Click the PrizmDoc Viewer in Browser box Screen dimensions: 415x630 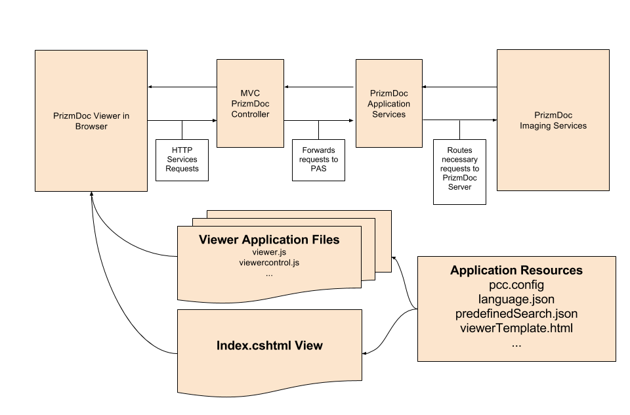(91, 121)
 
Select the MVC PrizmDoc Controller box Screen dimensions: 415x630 (250, 104)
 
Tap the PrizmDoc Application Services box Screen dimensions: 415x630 (388, 104)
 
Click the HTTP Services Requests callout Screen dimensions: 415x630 (182, 160)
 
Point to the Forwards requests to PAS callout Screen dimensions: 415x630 (318, 160)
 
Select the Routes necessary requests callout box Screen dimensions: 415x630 (459, 171)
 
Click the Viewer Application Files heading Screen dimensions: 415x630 (269, 240)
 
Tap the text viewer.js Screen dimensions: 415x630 (269, 252)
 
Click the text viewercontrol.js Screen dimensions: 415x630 (269, 263)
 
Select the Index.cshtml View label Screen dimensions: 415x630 (269, 345)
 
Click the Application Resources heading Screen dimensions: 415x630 (516, 271)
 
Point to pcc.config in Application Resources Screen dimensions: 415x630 (516, 285)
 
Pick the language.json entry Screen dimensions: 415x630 (516, 299)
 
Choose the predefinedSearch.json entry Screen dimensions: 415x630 (516, 314)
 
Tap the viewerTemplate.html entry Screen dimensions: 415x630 (516, 328)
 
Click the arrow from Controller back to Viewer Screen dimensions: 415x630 (182, 87)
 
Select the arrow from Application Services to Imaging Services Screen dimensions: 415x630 (459, 120)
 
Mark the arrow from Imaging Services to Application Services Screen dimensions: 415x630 (459, 87)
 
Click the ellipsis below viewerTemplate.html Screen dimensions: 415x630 (516, 343)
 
